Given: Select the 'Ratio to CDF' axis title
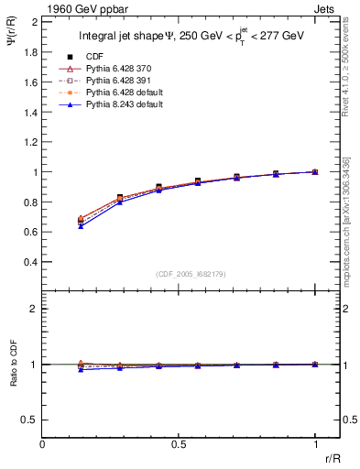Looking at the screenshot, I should (x=13, y=377).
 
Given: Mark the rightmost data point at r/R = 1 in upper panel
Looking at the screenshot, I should (x=315, y=171).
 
